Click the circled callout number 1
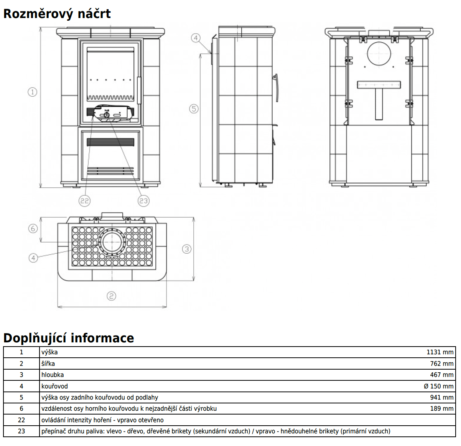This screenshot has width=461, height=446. tap(33, 92)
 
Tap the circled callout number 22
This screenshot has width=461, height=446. tap(84, 200)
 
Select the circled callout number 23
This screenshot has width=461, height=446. tap(143, 200)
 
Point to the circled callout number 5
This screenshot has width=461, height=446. tap(194, 109)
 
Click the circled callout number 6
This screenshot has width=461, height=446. tap(33, 228)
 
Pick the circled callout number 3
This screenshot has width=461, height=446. tap(187, 249)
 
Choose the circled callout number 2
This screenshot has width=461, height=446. tap(111, 296)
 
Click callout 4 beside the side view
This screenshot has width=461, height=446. tap(196, 38)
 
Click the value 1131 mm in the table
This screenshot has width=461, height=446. tap(440, 352)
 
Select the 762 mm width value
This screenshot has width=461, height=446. tap(442, 363)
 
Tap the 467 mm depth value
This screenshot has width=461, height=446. tap(442, 375)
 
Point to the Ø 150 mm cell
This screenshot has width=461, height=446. tap(438, 386)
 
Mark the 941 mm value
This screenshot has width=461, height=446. tap(442, 397)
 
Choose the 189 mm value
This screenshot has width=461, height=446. tap(442, 408)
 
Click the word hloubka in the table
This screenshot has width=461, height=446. tap(53, 375)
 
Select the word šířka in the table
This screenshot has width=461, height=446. tap(48, 363)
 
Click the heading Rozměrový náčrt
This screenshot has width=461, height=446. tap(57, 14)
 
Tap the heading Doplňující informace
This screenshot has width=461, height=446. tap(69, 338)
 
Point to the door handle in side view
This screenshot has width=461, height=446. tap(275, 88)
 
